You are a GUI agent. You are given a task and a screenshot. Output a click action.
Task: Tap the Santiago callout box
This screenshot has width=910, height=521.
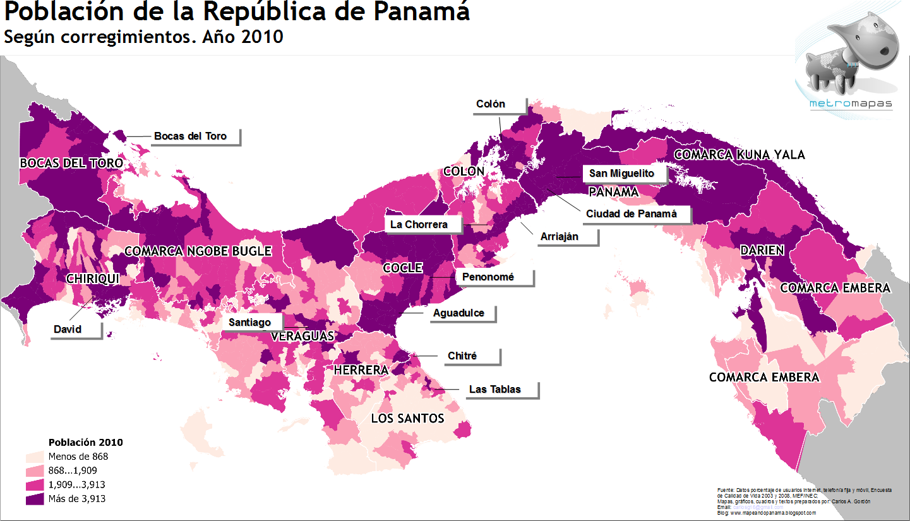coord(250,322)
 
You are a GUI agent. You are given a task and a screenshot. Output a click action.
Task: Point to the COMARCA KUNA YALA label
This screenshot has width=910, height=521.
coord(739,155)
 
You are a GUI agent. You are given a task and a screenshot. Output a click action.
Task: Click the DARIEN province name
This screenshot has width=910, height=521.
coord(762,251)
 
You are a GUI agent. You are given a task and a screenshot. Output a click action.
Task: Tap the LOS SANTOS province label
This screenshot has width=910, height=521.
coord(407,419)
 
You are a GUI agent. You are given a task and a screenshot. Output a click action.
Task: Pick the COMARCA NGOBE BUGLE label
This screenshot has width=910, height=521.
coord(198,251)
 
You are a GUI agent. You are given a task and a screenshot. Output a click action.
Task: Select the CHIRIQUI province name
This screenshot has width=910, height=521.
coord(93,278)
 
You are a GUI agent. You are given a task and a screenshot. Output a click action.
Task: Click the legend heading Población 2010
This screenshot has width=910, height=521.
coord(85,442)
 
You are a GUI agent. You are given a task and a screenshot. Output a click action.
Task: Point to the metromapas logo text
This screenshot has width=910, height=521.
coord(851,104)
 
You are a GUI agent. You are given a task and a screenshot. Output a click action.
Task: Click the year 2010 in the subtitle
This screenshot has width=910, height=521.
coord(262,37)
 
